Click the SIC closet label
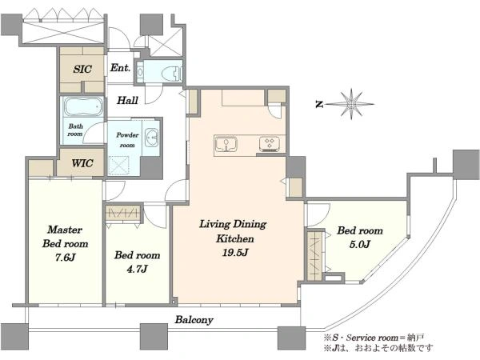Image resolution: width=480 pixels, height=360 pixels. coord(82,69)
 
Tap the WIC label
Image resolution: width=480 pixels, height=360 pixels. coord(82,163)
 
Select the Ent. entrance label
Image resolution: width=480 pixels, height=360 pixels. coord(120,68)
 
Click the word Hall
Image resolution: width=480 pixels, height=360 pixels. coord(127,100)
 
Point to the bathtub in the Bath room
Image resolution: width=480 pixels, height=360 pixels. coord(83,106)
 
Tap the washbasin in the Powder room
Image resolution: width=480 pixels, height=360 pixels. coord(151,138)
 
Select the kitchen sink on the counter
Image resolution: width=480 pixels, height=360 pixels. coord(226,144)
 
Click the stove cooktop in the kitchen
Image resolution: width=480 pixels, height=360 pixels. coord(270,144)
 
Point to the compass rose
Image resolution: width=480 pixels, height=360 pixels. coord(351,104)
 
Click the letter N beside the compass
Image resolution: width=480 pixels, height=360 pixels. coord(319,104)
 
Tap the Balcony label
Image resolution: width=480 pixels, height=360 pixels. coord(194,320)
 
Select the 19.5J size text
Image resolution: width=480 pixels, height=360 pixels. coord(235,253)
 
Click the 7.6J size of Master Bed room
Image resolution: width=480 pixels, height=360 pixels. coord(66,258)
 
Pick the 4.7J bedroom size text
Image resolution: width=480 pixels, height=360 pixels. coord(137,269)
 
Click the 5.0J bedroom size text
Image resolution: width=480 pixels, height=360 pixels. coord(360,244)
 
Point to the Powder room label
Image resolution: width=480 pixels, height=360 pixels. coord(127,139)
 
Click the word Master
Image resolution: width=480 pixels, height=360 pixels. coord(65,230)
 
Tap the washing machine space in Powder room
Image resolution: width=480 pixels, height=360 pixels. coord(118,166)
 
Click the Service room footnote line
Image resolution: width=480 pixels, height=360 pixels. coord(374,338)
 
